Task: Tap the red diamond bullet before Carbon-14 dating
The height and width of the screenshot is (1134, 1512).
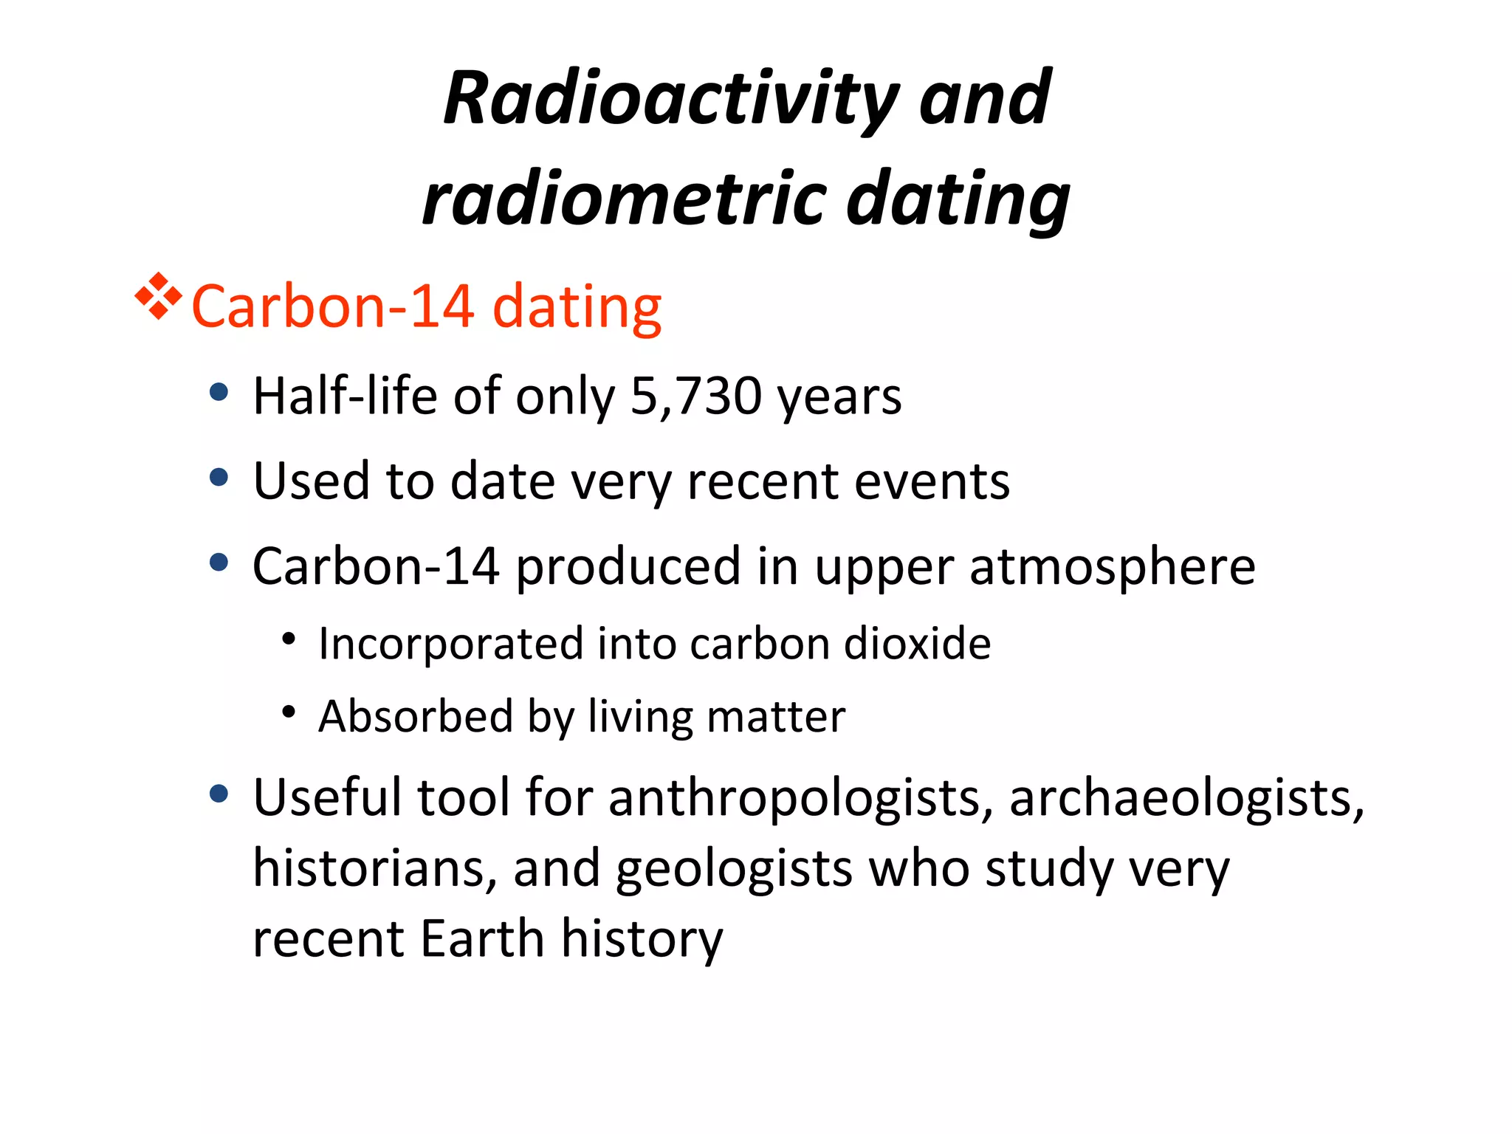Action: [x=158, y=297]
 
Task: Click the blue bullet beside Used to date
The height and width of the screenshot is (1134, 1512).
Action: [x=219, y=478]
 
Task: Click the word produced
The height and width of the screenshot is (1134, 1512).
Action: [x=628, y=567]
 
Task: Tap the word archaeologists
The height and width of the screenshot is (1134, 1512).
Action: [x=1186, y=799]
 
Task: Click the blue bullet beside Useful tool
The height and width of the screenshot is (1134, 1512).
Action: [x=219, y=794]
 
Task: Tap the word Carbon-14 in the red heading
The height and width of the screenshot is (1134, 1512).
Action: [x=332, y=306]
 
